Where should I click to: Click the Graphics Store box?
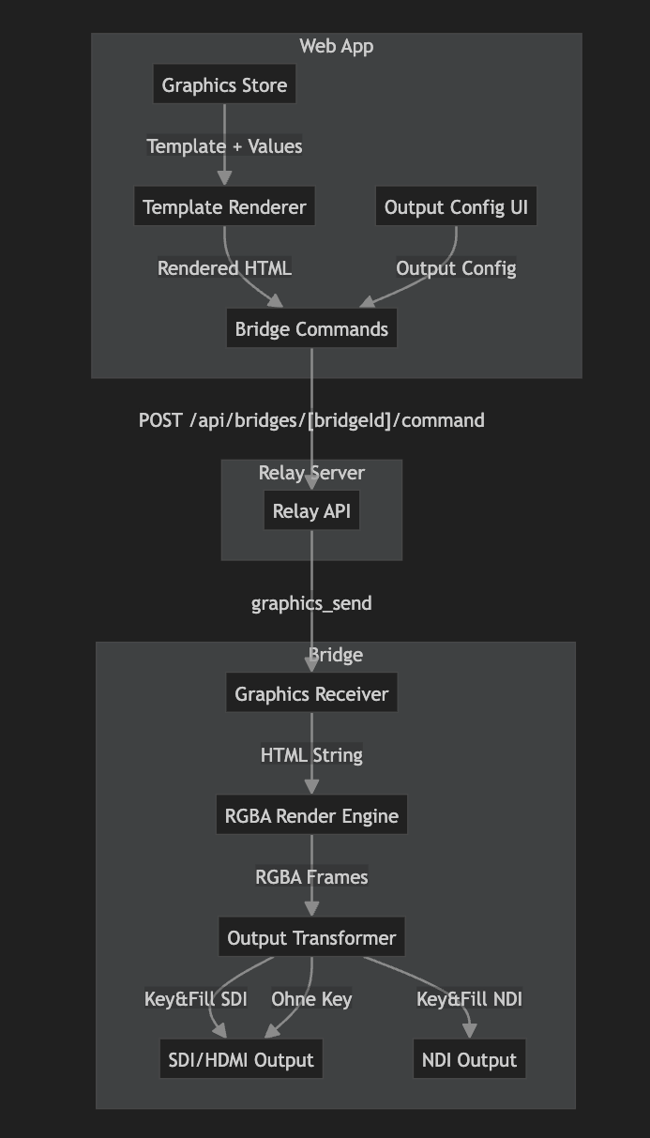point(225,85)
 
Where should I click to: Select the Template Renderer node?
point(224,207)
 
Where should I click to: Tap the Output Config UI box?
point(457,207)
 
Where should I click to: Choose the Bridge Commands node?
point(311,329)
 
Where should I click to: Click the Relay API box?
point(311,511)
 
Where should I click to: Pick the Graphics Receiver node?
point(311,694)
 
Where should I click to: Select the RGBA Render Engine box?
point(311,816)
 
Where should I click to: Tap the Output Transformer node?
point(311,938)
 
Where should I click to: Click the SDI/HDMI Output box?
point(241,1060)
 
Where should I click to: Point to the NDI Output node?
point(469,1060)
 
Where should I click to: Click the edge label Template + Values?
point(224,146)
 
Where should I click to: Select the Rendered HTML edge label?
point(224,268)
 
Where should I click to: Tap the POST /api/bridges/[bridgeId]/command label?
point(311,420)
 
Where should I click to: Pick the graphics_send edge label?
point(311,603)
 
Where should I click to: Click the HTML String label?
point(311,755)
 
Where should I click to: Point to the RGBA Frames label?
point(311,877)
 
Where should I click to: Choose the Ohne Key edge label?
point(311,999)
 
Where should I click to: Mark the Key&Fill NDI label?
point(469,999)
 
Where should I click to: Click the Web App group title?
point(336,46)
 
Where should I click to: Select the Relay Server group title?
point(311,472)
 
